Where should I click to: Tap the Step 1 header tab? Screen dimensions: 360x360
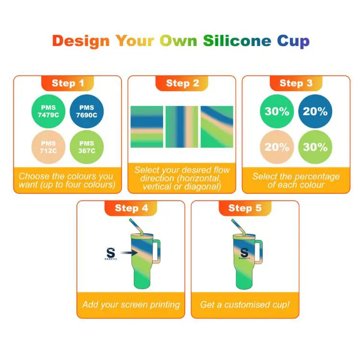(x=68, y=83)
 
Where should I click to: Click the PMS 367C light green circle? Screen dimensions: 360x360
(x=87, y=147)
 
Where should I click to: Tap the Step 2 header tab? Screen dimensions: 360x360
(x=182, y=83)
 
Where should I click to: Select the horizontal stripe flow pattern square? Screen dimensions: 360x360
(x=147, y=127)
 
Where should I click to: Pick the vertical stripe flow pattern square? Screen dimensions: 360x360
(x=182, y=127)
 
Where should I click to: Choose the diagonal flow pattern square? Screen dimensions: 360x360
(x=217, y=127)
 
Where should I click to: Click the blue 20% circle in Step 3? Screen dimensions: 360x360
(x=315, y=111)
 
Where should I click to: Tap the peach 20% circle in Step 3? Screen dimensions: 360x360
(x=277, y=147)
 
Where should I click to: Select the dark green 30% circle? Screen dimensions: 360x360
(x=277, y=111)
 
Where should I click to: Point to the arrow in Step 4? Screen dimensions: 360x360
(x=127, y=252)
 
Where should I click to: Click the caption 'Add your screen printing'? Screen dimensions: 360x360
(x=131, y=304)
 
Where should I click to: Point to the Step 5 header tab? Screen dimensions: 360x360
(x=245, y=208)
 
